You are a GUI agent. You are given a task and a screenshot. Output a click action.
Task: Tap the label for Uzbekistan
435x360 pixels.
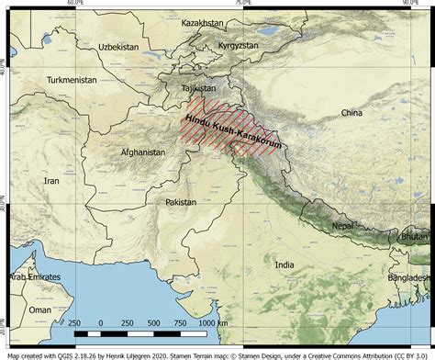click(120, 46)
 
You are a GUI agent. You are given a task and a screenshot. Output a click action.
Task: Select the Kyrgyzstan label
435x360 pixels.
click(241, 45)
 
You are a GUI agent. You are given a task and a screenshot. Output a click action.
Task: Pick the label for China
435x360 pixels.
click(351, 113)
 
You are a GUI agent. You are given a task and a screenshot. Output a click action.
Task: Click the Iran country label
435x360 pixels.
click(50, 181)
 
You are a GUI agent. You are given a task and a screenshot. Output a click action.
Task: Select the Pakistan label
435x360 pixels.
click(181, 201)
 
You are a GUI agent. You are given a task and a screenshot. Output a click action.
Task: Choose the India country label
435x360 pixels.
click(285, 265)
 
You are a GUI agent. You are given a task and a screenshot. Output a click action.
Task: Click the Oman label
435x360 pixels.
click(39, 310)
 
